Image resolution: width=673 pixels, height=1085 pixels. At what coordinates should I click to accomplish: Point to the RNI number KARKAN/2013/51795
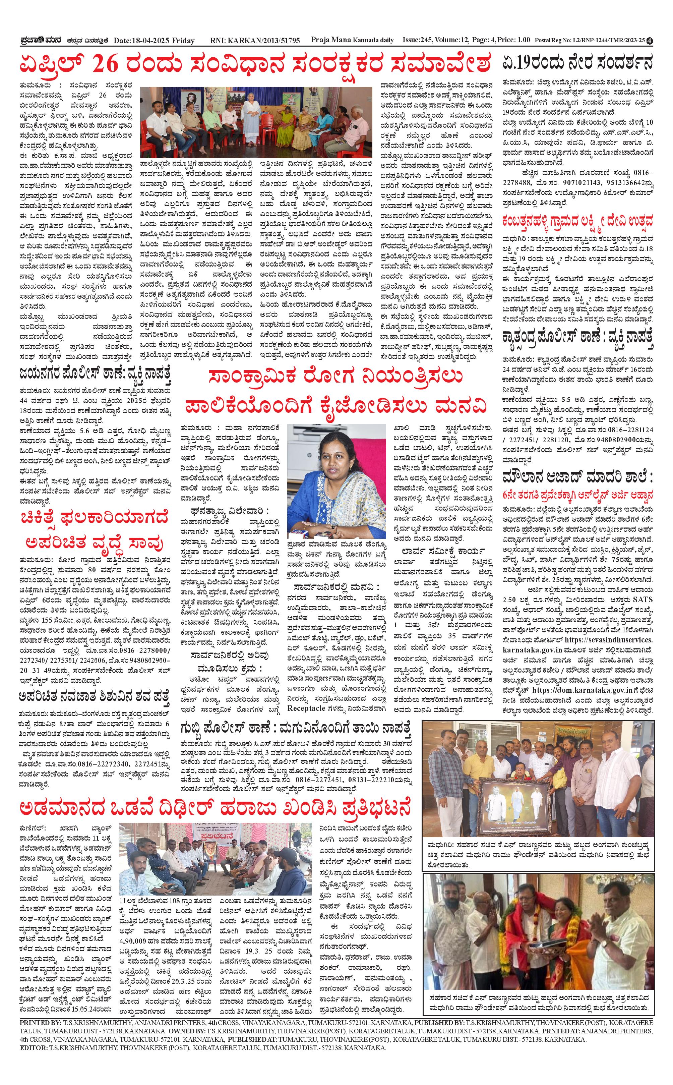click(x=262, y=41)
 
